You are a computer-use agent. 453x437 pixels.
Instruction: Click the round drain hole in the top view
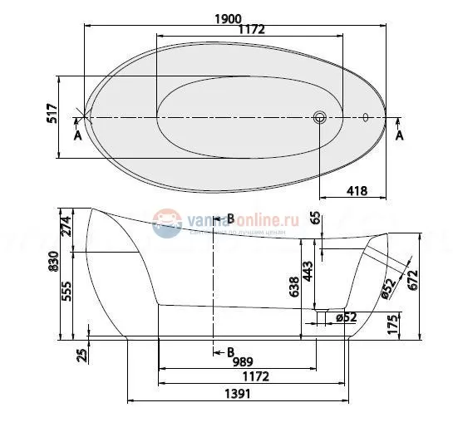click(320, 117)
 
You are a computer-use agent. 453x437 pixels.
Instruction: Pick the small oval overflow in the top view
click(365, 116)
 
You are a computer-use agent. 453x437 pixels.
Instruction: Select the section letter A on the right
click(399, 135)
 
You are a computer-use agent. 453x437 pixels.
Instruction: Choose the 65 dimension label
click(314, 219)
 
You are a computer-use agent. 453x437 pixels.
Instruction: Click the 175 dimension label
click(403, 323)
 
